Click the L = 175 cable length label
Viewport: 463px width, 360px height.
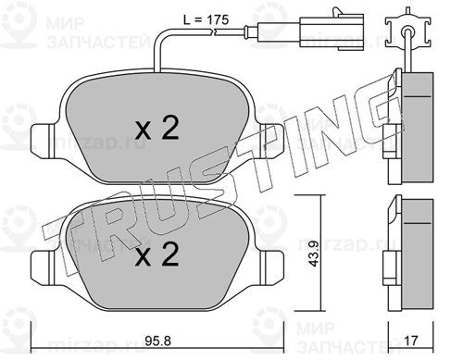(x=206, y=20)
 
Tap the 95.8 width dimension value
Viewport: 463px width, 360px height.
(x=158, y=341)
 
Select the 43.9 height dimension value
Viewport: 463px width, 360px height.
(x=315, y=254)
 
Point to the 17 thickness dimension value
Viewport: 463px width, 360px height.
(x=411, y=341)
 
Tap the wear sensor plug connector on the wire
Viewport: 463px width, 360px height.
(x=332, y=31)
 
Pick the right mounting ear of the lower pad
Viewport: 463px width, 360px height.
(x=271, y=267)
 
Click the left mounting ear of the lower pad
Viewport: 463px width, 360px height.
(x=44, y=267)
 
